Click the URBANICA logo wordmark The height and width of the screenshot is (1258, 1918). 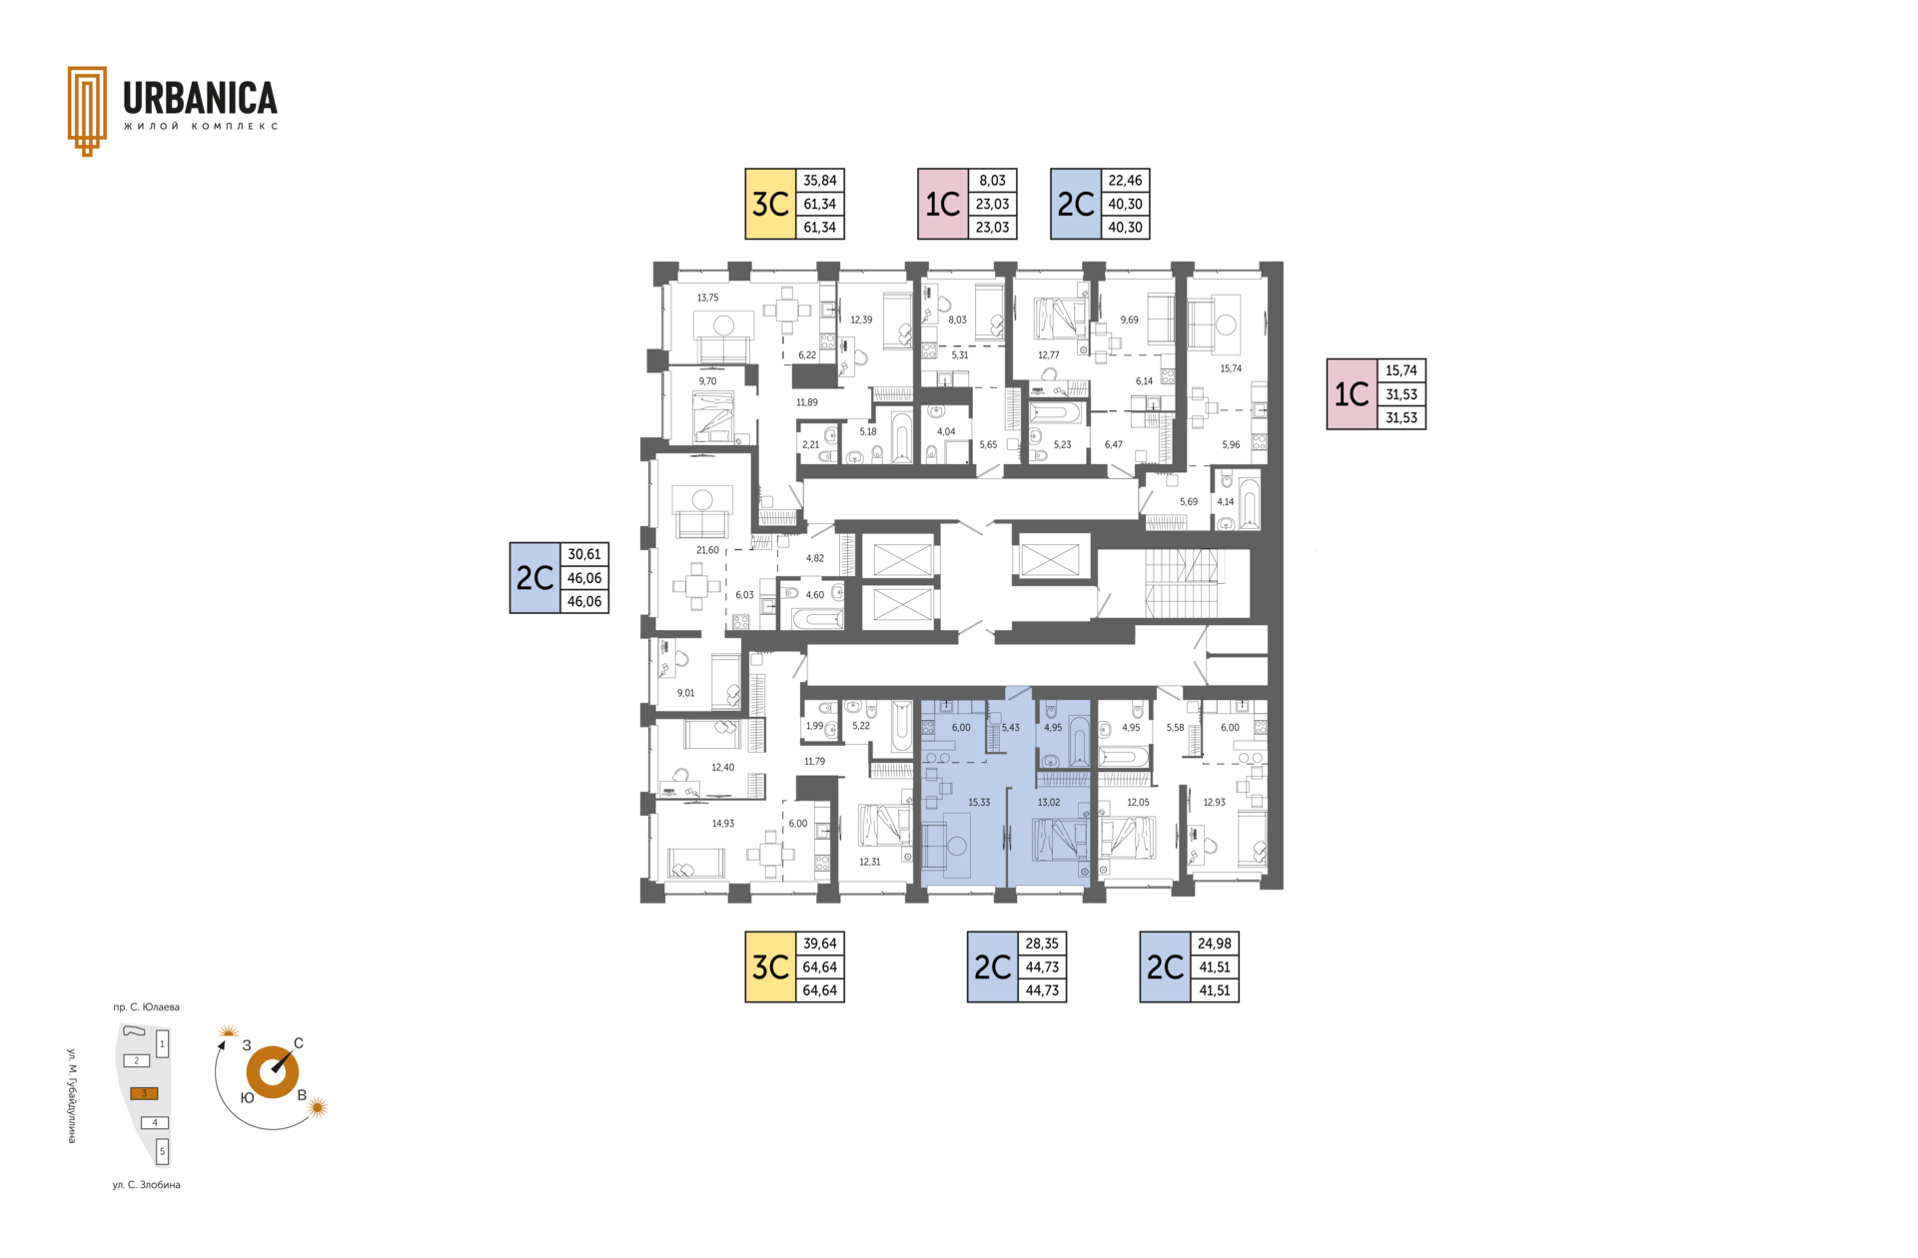pos(200,98)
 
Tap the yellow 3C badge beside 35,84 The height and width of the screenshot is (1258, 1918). pos(770,204)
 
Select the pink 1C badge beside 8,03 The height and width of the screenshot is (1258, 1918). pos(943,204)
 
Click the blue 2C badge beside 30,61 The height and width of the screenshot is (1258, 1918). pos(534,578)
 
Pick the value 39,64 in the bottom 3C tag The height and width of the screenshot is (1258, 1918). pos(820,943)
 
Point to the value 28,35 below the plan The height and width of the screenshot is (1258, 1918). pos(1042,943)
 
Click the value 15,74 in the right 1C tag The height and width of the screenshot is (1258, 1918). pos(1402,370)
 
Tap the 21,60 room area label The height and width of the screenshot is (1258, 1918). pos(707,550)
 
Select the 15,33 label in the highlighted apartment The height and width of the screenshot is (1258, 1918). pos(979,803)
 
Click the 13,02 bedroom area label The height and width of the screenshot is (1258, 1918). pos(1049,803)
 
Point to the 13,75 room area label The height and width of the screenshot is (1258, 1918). pos(707,298)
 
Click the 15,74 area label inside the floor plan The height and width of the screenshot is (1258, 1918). pos(1231,368)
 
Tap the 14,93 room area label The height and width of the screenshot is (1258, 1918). pos(722,824)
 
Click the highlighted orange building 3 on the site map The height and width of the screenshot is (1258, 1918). pos(144,1093)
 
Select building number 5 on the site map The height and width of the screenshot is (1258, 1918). pos(163,1151)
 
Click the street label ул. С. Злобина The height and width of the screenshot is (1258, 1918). pos(147,1185)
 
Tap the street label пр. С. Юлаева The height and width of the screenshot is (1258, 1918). pos(147,1007)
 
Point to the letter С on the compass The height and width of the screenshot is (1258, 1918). pos(299,1043)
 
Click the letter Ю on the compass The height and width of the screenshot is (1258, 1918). pos(247,1097)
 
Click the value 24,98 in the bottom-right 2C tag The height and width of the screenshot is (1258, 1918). pos(1215,943)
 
